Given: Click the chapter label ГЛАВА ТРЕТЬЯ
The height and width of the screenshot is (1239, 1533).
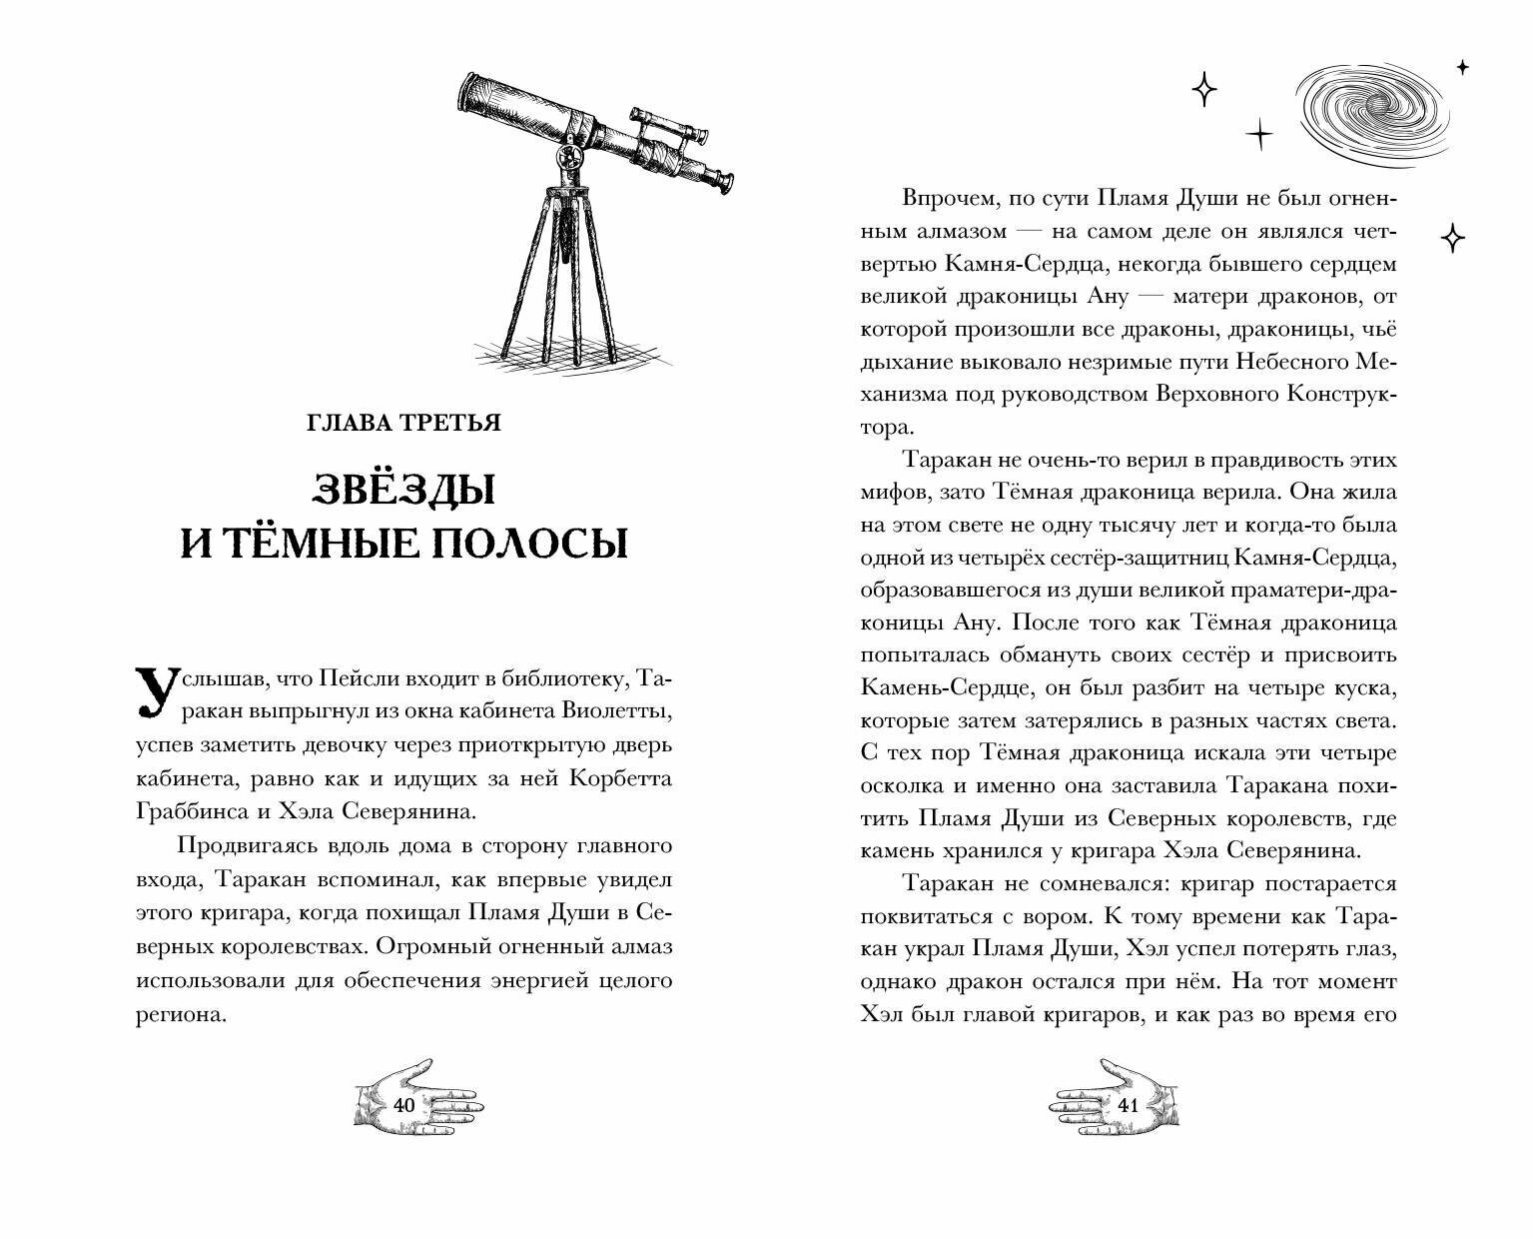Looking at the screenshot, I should [x=403, y=423].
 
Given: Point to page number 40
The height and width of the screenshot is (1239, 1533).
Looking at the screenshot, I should [x=403, y=1105].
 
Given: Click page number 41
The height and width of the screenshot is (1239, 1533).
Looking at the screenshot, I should [x=1129, y=1105].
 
